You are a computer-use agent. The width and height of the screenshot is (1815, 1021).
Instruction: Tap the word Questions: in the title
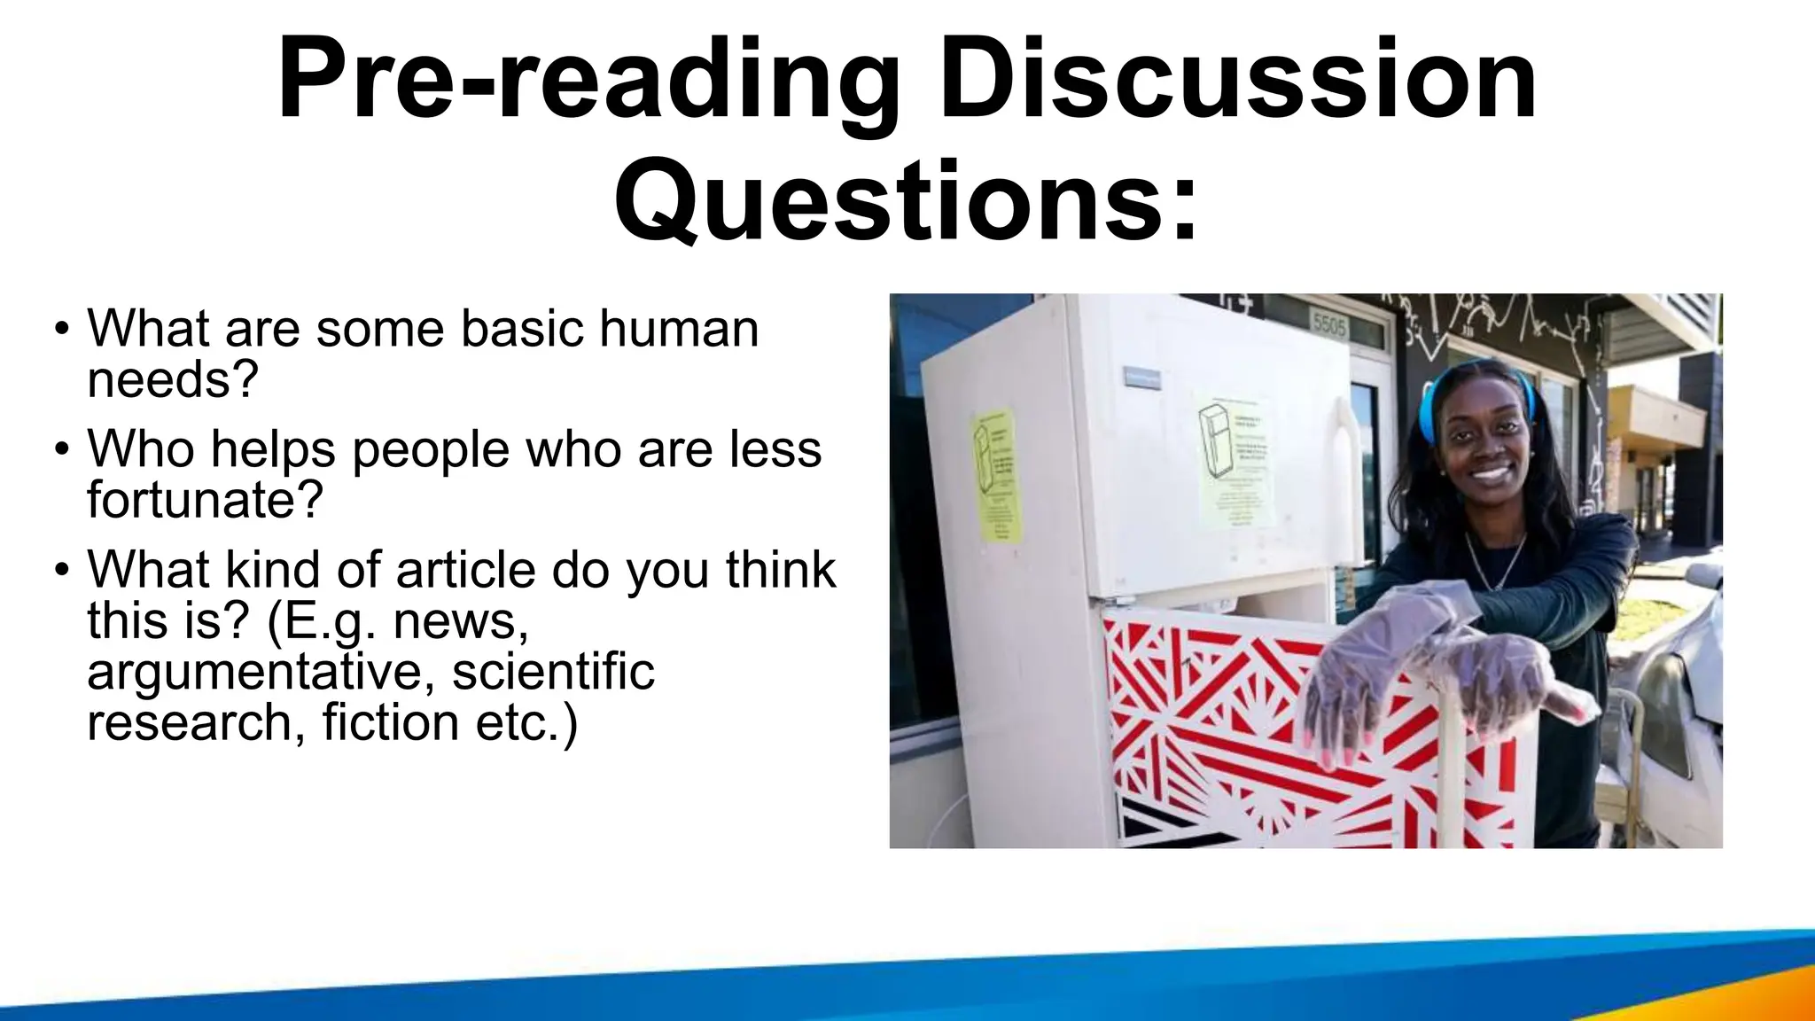906,202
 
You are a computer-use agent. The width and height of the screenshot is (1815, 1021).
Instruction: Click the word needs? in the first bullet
173,379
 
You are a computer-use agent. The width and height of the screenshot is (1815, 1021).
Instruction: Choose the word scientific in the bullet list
553,670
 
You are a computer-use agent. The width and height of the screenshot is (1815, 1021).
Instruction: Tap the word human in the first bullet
679,329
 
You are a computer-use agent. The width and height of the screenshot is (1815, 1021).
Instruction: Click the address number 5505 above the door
1329,325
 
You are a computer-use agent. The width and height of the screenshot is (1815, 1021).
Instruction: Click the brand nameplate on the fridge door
1144,377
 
